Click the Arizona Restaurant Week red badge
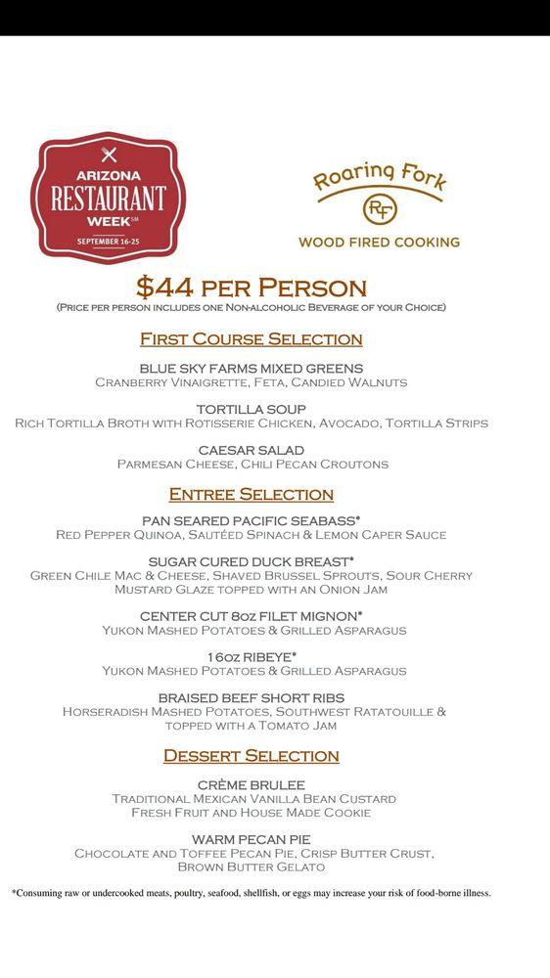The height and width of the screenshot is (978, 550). (108, 197)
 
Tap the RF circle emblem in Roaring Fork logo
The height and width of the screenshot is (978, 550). (379, 209)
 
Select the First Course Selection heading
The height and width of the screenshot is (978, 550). (252, 339)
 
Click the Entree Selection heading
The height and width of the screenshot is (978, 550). (252, 494)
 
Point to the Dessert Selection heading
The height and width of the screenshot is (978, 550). (252, 755)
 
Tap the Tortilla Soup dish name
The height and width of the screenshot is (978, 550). (252, 409)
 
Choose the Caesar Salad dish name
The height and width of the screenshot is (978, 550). (252, 450)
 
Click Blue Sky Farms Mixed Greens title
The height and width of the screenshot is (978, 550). (252, 368)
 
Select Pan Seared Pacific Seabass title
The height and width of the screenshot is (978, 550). (252, 520)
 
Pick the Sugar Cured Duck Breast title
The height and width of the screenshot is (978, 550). (252, 561)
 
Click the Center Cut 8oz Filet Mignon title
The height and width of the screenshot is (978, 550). (252, 616)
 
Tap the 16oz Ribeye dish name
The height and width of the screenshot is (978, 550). (252, 656)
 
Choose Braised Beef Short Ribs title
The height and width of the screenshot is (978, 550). (252, 697)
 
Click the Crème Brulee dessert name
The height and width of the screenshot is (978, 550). (252, 784)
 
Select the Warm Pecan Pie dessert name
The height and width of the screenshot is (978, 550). (252, 839)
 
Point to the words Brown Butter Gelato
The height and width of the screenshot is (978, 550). (252, 867)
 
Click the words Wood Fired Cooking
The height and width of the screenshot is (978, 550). (379, 242)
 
